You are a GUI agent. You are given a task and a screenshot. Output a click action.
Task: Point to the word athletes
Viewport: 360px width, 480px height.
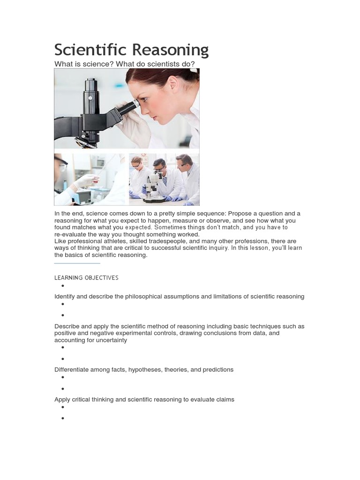coord(118,241)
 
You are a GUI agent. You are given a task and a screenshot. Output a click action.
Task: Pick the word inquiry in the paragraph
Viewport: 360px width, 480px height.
coord(218,248)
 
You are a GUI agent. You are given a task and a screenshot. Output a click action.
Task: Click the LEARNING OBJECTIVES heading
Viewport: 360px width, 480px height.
coord(86,277)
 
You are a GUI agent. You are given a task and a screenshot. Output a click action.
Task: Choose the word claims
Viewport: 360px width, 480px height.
coord(224,400)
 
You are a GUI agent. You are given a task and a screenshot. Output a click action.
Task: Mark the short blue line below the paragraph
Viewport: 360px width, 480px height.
coord(77,263)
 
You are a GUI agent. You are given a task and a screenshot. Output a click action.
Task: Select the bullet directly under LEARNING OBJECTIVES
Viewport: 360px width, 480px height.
coord(62,286)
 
